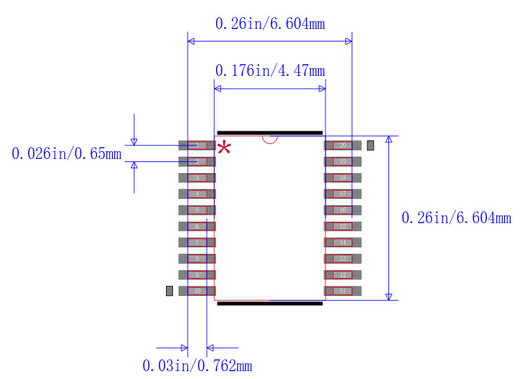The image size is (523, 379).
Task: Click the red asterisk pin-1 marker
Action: coord(225,148)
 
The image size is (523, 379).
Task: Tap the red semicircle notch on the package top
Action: coord(270,139)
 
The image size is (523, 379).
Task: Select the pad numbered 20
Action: coord(343,145)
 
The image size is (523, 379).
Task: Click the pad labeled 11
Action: coord(343,291)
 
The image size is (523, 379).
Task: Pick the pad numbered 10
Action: coord(197,291)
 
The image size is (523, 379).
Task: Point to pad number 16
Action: coord(343,210)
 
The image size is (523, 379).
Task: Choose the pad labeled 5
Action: coord(197,210)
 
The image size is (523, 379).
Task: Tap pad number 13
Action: coord(343,258)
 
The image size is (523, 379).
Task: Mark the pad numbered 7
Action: coord(197,242)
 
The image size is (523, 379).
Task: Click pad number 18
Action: coord(343,178)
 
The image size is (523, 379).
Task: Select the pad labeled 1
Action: coord(197,145)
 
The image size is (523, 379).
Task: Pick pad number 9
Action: coord(197,275)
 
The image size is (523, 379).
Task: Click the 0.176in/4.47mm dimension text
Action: coord(269,71)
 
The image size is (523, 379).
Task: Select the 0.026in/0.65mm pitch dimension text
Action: coord(67,153)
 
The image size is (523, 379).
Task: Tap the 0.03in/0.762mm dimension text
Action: coord(197,366)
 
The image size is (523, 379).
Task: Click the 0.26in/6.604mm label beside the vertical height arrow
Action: coord(456,218)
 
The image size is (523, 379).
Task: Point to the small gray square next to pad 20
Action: coord(370,145)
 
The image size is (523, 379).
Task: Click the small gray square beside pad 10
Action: coord(169,291)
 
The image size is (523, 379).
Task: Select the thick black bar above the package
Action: coord(269,132)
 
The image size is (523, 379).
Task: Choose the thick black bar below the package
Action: coord(269,303)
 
